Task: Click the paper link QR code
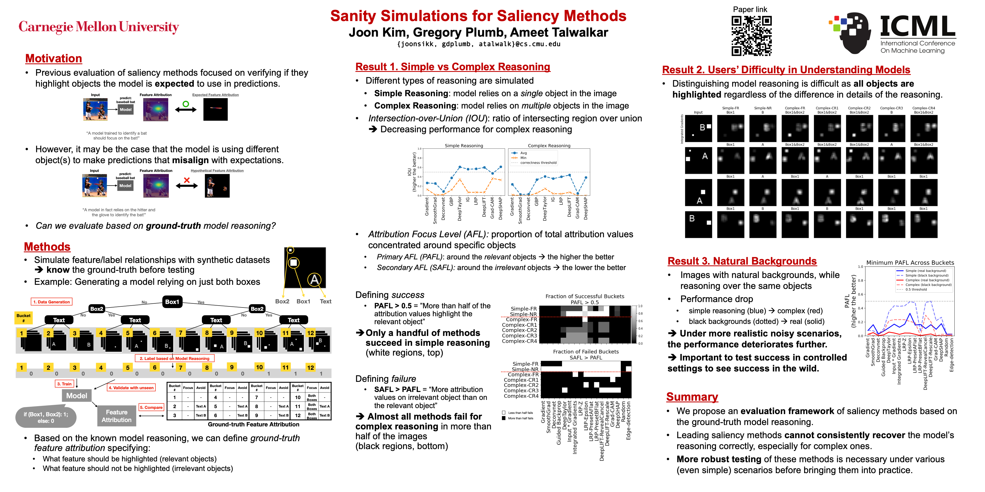751,36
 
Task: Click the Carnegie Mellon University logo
99,27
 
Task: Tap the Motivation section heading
54,58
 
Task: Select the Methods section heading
47,247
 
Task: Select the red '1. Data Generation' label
52,302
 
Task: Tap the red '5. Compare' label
151,408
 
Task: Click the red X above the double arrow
187,180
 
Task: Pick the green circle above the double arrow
186,104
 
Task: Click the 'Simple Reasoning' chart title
463,145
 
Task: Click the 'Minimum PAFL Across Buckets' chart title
910,263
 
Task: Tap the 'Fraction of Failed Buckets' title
586,352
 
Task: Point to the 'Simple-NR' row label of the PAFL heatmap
523,314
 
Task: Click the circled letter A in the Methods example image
314,280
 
